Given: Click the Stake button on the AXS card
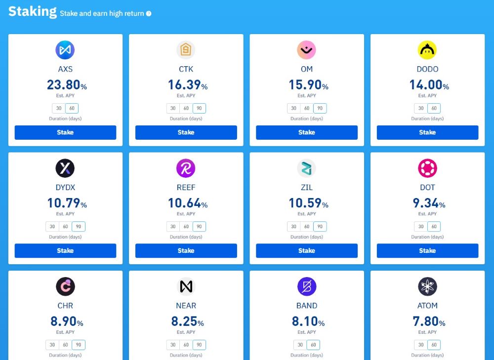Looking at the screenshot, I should pyautogui.click(x=65, y=132).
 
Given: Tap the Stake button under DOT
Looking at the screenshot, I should pyautogui.click(x=427, y=250).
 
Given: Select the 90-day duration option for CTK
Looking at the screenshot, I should pyautogui.click(x=200, y=108).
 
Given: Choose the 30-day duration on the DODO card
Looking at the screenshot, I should pyautogui.click(x=421, y=108).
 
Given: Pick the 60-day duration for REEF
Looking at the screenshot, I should pyautogui.click(x=186, y=227).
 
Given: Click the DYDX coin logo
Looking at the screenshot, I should pyautogui.click(x=65, y=168).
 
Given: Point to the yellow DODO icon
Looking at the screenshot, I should pyautogui.click(x=427, y=50).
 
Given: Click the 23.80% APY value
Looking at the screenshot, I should pyautogui.click(x=67, y=85).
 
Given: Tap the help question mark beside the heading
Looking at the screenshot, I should pyautogui.click(x=149, y=14).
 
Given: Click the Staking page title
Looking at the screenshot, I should pyautogui.click(x=33, y=11).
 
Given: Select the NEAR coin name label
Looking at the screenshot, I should pyautogui.click(x=186, y=306).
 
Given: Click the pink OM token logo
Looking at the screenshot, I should pyautogui.click(x=306, y=50).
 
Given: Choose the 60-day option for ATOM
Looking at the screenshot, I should pyautogui.click(x=434, y=345).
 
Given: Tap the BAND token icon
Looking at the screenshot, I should pyautogui.click(x=306, y=286).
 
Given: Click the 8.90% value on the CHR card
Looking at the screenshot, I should pyautogui.click(x=67, y=321).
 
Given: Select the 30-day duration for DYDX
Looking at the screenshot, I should pyautogui.click(x=52, y=227).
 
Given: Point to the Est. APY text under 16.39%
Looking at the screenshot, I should pyautogui.click(x=186, y=96).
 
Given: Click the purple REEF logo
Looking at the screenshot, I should pyautogui.click(x=186, y=168).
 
